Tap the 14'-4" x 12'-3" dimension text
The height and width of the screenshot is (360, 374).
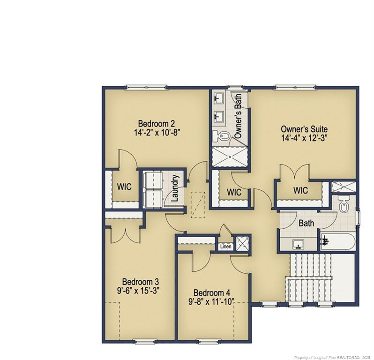[304, 138]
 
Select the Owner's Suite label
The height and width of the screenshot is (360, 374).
[304, 129]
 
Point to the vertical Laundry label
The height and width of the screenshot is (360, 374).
[175, 188]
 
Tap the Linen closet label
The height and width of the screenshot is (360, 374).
[225, 247]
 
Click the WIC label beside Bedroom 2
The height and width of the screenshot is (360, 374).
[124, 187]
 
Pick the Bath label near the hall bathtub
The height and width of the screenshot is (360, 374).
[306, 224]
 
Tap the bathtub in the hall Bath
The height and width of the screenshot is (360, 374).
[337, 241]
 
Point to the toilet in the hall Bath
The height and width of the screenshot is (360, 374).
[344, 206]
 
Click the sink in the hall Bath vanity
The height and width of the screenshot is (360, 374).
[299, 244]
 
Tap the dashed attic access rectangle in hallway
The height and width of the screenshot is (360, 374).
[199, 204]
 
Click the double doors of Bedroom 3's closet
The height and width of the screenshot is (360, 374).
[124, 234]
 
